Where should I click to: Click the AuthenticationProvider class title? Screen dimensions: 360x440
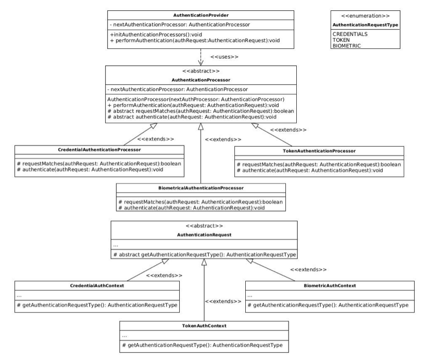click(x=200, y=15)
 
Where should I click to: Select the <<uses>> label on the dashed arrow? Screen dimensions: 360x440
click(x=224, y=56)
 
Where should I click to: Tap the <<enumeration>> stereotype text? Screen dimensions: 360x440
click(x=365, y=15)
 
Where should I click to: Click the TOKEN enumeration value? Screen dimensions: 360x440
click(x=341, y=40)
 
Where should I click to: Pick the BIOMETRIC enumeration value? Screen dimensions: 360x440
click(x=347, y=46)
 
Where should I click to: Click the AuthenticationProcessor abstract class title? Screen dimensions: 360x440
click(x=200, y=80)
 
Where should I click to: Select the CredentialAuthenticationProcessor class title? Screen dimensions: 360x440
click(x=99, y=150)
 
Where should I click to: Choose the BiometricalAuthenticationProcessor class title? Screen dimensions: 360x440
click(x=201, y=188)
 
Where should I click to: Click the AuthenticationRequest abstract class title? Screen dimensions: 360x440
click(x=204, y=234)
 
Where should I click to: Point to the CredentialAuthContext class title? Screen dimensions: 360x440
click(x=97, y=285)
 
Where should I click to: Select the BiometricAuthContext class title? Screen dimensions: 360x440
click(x=329, y=285)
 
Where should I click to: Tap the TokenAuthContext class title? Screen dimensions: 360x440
click(x=204, y=325)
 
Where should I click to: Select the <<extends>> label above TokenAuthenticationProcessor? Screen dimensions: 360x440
click(x=288, y=130)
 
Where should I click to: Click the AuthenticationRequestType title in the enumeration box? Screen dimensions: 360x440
click(x=365, y=24)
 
